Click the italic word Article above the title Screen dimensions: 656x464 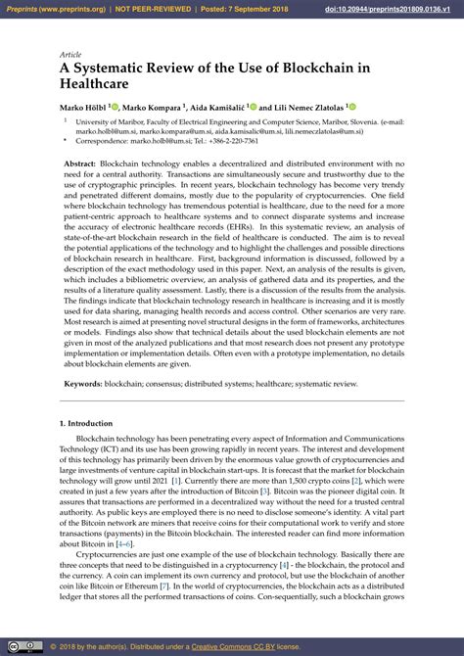pyautogui.click(x=70, y=55)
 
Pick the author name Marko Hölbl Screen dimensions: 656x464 pyautogui.click(x=82, y=107)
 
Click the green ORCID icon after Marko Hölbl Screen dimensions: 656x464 pyautogui.click(x=115, y=106)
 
